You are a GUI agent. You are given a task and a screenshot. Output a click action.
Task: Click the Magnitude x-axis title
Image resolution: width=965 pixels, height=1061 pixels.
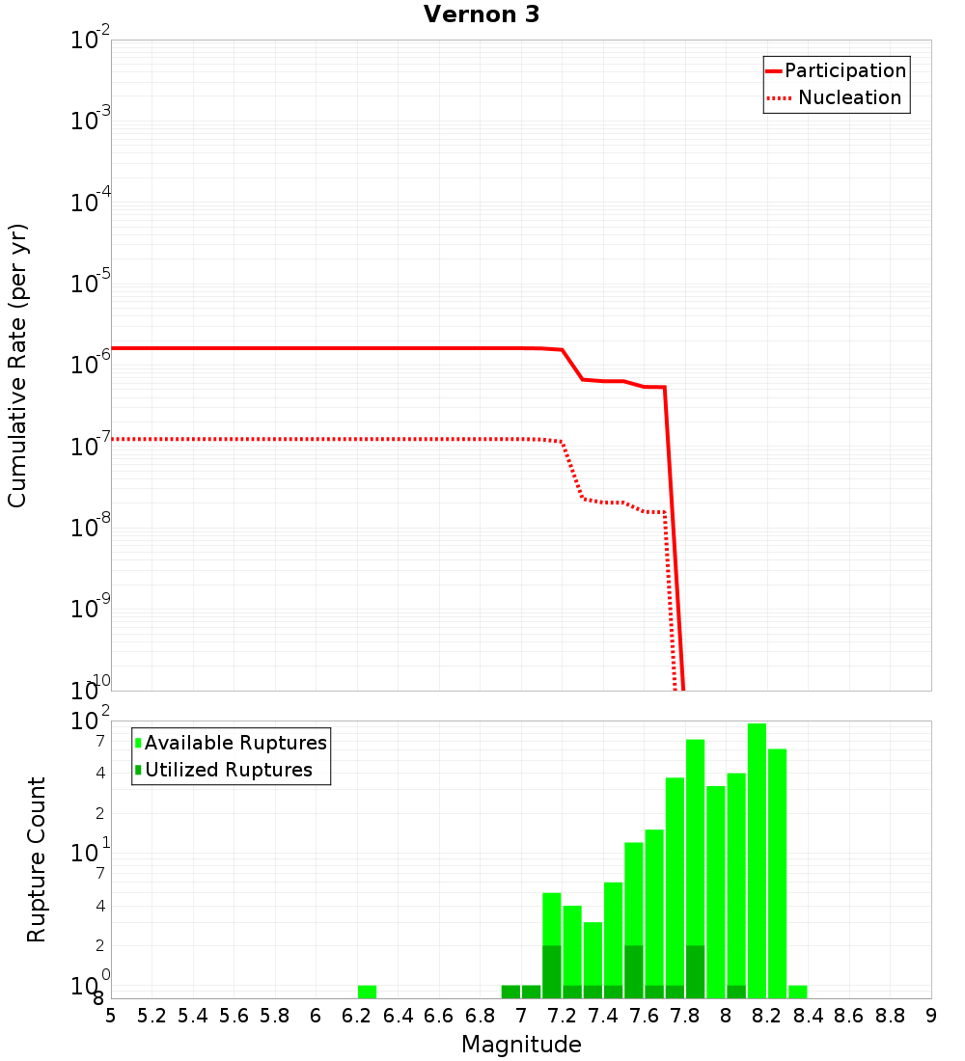[521, 1045]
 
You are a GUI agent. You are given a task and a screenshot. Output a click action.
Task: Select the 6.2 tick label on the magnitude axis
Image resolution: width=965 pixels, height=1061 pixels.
[357, 1016]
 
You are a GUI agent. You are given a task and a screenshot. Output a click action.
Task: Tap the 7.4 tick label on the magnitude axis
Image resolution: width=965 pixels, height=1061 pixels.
[603, 1016]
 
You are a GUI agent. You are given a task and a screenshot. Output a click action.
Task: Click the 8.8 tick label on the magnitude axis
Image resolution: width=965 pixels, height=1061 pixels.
[891, 1016]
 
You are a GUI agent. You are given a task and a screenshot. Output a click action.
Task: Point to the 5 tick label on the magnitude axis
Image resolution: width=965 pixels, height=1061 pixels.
[111, 1016]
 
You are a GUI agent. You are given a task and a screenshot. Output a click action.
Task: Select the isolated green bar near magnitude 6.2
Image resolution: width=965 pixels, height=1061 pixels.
[367, 992]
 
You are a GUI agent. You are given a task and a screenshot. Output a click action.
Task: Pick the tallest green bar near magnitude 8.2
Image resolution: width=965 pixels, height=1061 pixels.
[757, 858]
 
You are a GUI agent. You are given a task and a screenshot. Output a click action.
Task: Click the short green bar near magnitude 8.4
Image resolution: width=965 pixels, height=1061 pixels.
[798, 992]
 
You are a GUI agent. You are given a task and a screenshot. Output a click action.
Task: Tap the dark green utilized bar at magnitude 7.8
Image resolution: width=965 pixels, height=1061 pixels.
[695, 971]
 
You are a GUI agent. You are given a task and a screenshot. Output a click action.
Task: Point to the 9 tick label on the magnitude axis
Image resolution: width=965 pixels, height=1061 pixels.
[931, 1016]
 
